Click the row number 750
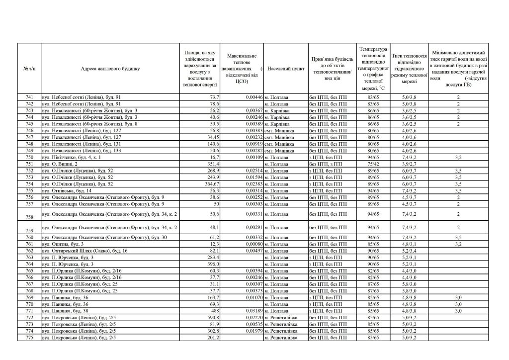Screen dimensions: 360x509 tap(29, 157)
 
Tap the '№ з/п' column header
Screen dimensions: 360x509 tap(29, 69)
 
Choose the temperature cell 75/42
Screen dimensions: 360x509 tap(373, 164)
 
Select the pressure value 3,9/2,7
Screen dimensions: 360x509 tap(410, 164)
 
